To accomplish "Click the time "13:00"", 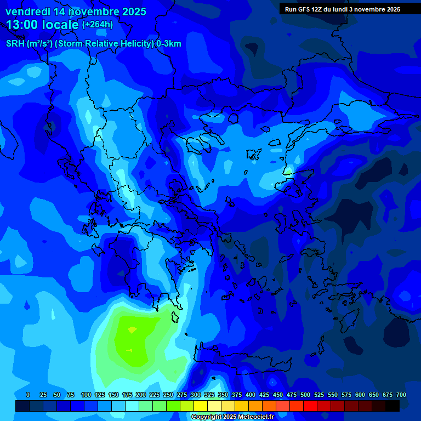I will (25, 25).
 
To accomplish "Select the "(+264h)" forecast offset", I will (98, 25).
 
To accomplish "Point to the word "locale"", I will (62, 25).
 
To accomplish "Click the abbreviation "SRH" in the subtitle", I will (16, 44).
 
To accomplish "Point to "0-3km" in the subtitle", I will (169, 44).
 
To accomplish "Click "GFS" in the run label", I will (304, 9).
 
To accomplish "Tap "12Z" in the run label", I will (318, 9).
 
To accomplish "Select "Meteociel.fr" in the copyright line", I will (260, 417).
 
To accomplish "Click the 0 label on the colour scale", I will (28, 395).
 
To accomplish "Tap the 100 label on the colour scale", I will (86, 395).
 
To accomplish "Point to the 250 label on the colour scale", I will (168, 395).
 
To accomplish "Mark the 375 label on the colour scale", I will (237, 395).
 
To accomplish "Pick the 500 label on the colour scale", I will (305, 395).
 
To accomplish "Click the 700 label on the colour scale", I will (401, 395).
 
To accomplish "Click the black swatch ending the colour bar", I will (392, 406).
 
